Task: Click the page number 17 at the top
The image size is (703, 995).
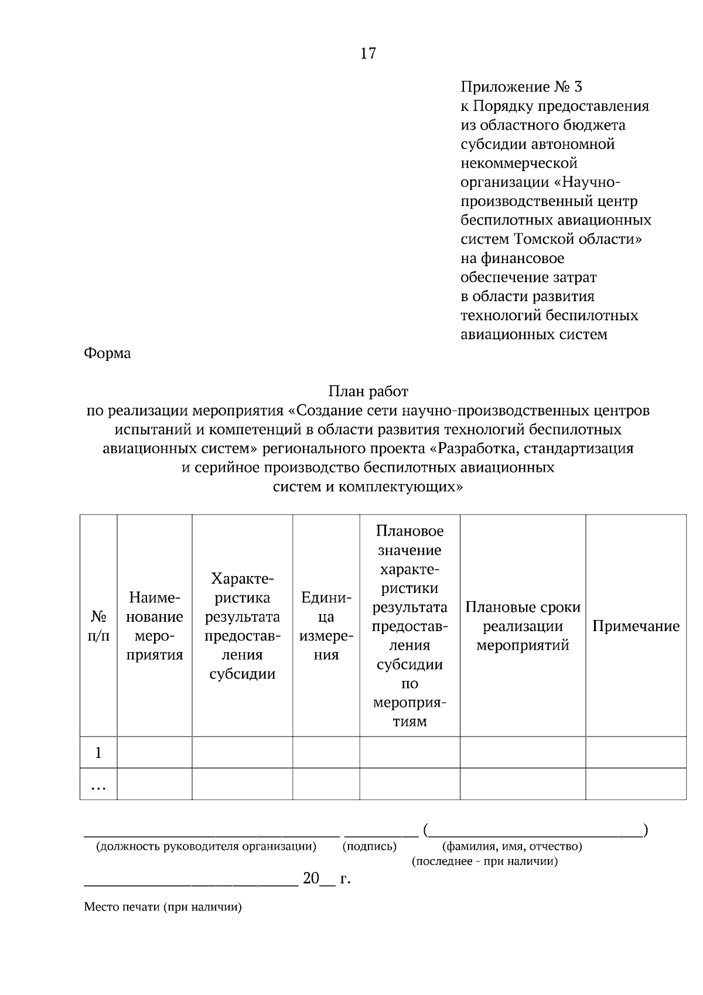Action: coord(368,54)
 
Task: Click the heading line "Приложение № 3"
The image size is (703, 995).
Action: coord(521,87)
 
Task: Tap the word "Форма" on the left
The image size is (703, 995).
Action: coord(107,353)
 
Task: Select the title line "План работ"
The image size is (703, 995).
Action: coord(368,391)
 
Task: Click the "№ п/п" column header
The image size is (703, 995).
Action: coord(98,626)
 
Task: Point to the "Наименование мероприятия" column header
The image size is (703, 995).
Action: coord(155,626)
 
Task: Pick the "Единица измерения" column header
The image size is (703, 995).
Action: coord(326,626)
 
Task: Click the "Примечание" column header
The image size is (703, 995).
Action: coord(636,626)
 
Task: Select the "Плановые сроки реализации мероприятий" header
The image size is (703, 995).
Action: coord(523,626)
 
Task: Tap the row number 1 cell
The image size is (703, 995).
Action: coord(98,752)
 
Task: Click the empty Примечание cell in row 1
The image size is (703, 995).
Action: coord(636,752)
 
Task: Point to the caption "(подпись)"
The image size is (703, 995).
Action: coord(370,846)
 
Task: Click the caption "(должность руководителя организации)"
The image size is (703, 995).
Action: coord(206,846)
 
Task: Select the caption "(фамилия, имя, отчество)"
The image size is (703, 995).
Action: coord(512,846)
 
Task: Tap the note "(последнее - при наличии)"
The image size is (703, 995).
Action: coord(484,861)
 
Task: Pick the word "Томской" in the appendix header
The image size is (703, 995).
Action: coord(541,239)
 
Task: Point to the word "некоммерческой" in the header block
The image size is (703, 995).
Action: coord(519,163)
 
